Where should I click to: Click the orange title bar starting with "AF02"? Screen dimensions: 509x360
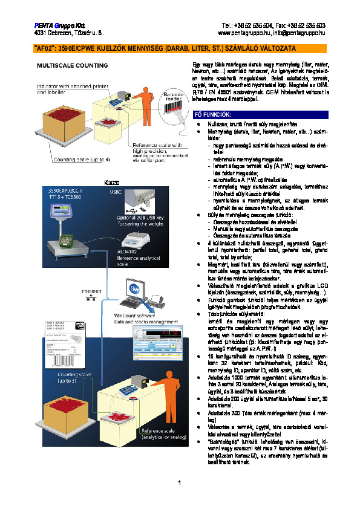(x=180, y=48)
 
